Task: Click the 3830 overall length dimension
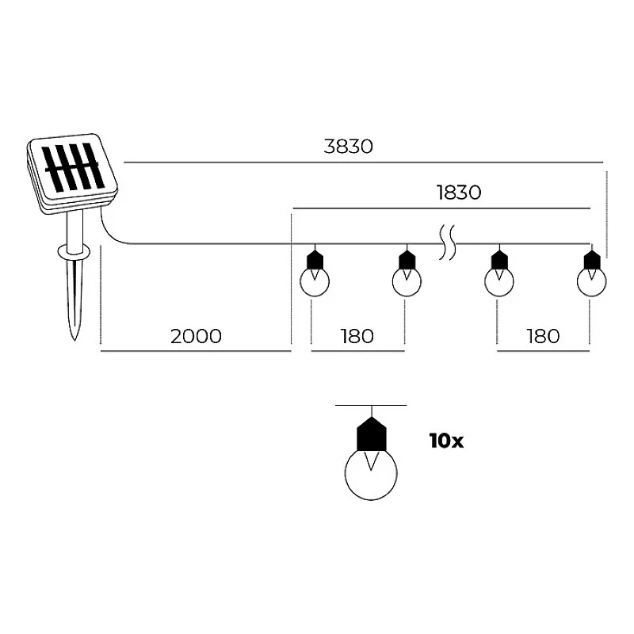pyautogui.click(x=348, y=147)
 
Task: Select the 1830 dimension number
pyautogui.click(x=459, y=193)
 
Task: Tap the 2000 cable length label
pyautogui.click(x=196, y=336)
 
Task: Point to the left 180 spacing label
pyautogui.click(x=357, y=336)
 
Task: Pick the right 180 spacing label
pyautogui.click(x=543, y=336)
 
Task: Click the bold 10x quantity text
pyautogui.click(x=446, y=441)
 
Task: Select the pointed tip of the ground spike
pyautogui.click(x=74, y=339)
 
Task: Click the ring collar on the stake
pyautogui.click(x=74, y=251)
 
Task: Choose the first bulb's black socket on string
pyautogui.click(x=315, y=261)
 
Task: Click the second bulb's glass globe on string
pyautogui.click(x=407, y=282)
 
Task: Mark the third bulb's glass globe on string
pyautogui.click(x=499, y=282)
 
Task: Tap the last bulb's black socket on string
pyautogui.click(x=592, y=261)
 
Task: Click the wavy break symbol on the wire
pyautogui.click(x=447, y=243)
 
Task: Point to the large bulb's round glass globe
pyautogui.click(x=371, y=474)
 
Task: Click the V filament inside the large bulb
pyautogui.click(x=372, y=461)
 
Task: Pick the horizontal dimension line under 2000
pyautogui.click(x=196, y=351)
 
